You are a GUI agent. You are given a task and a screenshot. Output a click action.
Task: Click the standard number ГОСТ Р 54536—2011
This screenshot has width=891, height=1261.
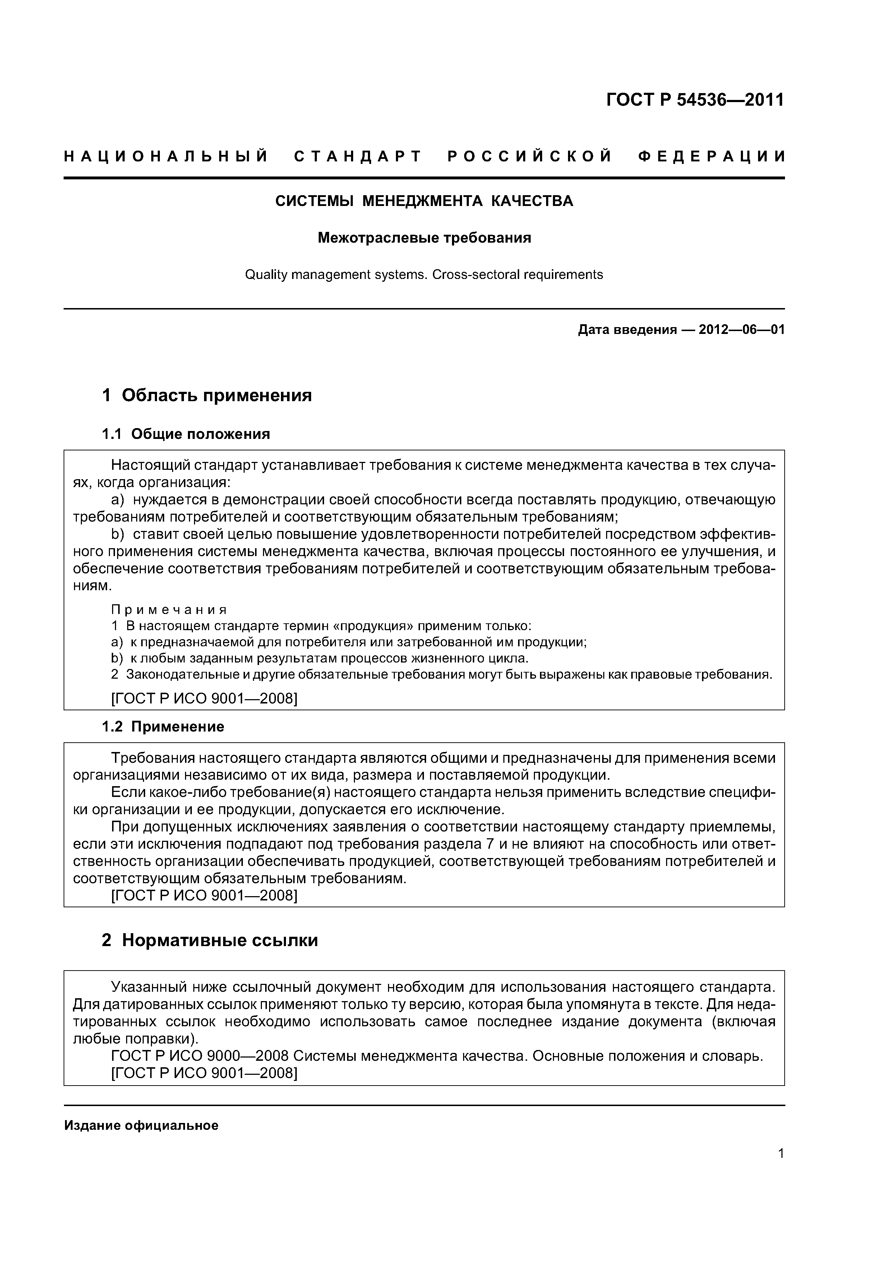[x=695, y=100]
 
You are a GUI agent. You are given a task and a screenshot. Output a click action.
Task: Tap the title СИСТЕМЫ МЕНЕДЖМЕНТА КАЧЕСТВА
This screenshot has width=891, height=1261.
[x=424, y=201]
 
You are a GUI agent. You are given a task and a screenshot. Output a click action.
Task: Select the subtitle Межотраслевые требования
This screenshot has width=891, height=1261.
[x=424, y=238]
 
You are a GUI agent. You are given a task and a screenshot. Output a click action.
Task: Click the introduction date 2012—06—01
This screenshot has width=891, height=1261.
[x=741, y=330]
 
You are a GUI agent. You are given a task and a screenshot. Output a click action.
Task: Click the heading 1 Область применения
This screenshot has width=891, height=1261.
[x=207, y=395]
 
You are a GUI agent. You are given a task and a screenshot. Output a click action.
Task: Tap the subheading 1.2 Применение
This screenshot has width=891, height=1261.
[x=163, y=726]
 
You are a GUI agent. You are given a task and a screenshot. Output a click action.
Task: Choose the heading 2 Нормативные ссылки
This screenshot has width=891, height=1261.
[x=210, y=940]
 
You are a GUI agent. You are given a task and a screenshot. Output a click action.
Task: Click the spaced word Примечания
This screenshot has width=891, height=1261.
[x=169, y=610]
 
